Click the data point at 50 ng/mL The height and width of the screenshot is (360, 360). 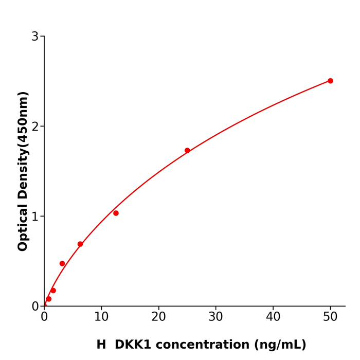pos(330,81)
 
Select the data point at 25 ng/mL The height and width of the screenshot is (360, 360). pos(187,151)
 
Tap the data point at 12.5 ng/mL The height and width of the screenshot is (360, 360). pos(116,213)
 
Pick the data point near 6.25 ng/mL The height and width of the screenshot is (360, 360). pos(80,244)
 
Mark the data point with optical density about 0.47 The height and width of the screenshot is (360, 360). pos(62,263)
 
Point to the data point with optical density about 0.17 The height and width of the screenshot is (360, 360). pos(53,291)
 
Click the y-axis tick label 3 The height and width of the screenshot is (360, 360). pos(35,37)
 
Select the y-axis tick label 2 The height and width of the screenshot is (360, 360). pos(35,127)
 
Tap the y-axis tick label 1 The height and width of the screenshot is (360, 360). pos(35,217)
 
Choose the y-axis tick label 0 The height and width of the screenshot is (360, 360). pos(35,307)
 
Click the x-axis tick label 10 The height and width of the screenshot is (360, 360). pos(101,317)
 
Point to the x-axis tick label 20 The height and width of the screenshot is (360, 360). pos(158,317)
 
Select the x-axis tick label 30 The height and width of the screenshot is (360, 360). pos(216,317)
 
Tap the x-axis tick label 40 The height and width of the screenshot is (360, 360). pos(273,317)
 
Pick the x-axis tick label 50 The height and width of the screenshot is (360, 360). pos(330,317)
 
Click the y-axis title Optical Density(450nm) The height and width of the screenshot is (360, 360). pos(23,171)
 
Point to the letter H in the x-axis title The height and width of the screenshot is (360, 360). pos(101,345)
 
